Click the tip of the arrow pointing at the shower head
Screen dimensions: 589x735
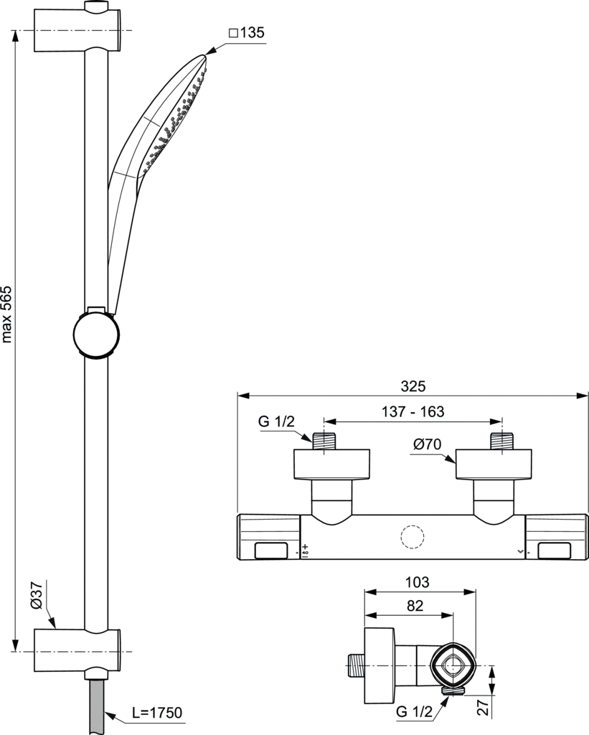point(206,55)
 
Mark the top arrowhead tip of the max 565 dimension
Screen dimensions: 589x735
point(16,30)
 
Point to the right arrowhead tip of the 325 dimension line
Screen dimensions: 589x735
point(588,396)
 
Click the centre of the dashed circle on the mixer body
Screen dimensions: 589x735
point(413,537)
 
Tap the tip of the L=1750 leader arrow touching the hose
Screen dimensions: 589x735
point(105,714)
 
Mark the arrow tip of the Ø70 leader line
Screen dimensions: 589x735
point(456,463)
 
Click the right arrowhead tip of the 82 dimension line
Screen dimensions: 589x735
point(453,615)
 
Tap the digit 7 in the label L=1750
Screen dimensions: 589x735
point(157,713)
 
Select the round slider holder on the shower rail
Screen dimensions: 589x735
point(96,333)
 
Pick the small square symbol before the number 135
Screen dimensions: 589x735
point(233,33)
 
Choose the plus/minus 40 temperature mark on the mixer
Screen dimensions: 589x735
point(305,550)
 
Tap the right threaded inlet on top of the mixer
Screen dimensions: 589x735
point(502,441)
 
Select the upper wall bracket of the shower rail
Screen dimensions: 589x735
point(78,30)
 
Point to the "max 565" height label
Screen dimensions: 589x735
point(6,314)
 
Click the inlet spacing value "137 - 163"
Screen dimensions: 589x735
point(413,411)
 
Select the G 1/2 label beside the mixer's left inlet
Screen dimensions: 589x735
point(276,421)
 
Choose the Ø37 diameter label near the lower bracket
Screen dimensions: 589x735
point(37,595)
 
